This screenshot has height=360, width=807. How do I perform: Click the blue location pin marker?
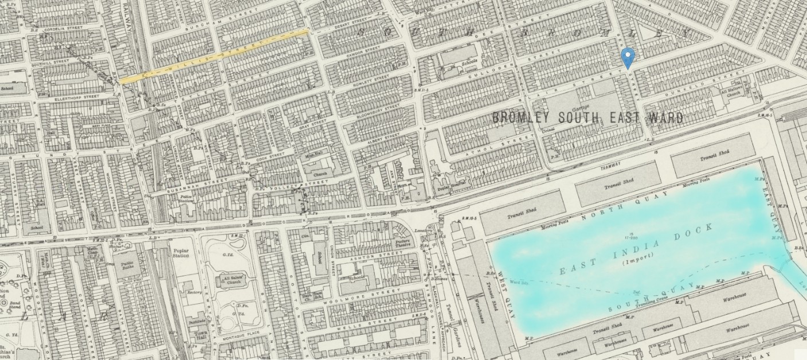click(x=628, y=57)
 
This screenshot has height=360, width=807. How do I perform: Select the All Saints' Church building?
click(x=228, y=280)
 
